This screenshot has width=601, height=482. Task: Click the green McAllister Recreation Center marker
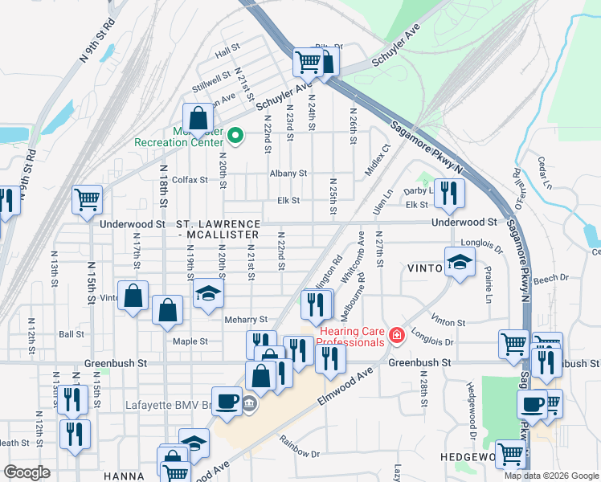tap(235, 136)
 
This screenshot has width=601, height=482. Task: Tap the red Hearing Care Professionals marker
tap(395, 336)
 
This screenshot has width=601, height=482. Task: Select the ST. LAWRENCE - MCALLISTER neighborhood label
tap(219, 229)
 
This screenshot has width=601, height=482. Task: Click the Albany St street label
tap(288, 174)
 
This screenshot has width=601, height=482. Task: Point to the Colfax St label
tap(189, 180)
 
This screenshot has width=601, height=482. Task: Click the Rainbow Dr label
tap(299, 447)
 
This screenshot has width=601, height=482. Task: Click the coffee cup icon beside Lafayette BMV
tap(227, 401)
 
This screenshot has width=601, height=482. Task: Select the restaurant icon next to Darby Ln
tap(449, 193)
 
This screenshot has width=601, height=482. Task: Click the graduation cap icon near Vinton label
tap(460, 263)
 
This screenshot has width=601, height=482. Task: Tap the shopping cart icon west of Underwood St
tap(87, 199)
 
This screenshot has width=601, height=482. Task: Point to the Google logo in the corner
tap(27, 472)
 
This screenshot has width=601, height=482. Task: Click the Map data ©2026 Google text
tap(551, 476)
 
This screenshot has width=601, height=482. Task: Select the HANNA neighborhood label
tap(124, 476)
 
